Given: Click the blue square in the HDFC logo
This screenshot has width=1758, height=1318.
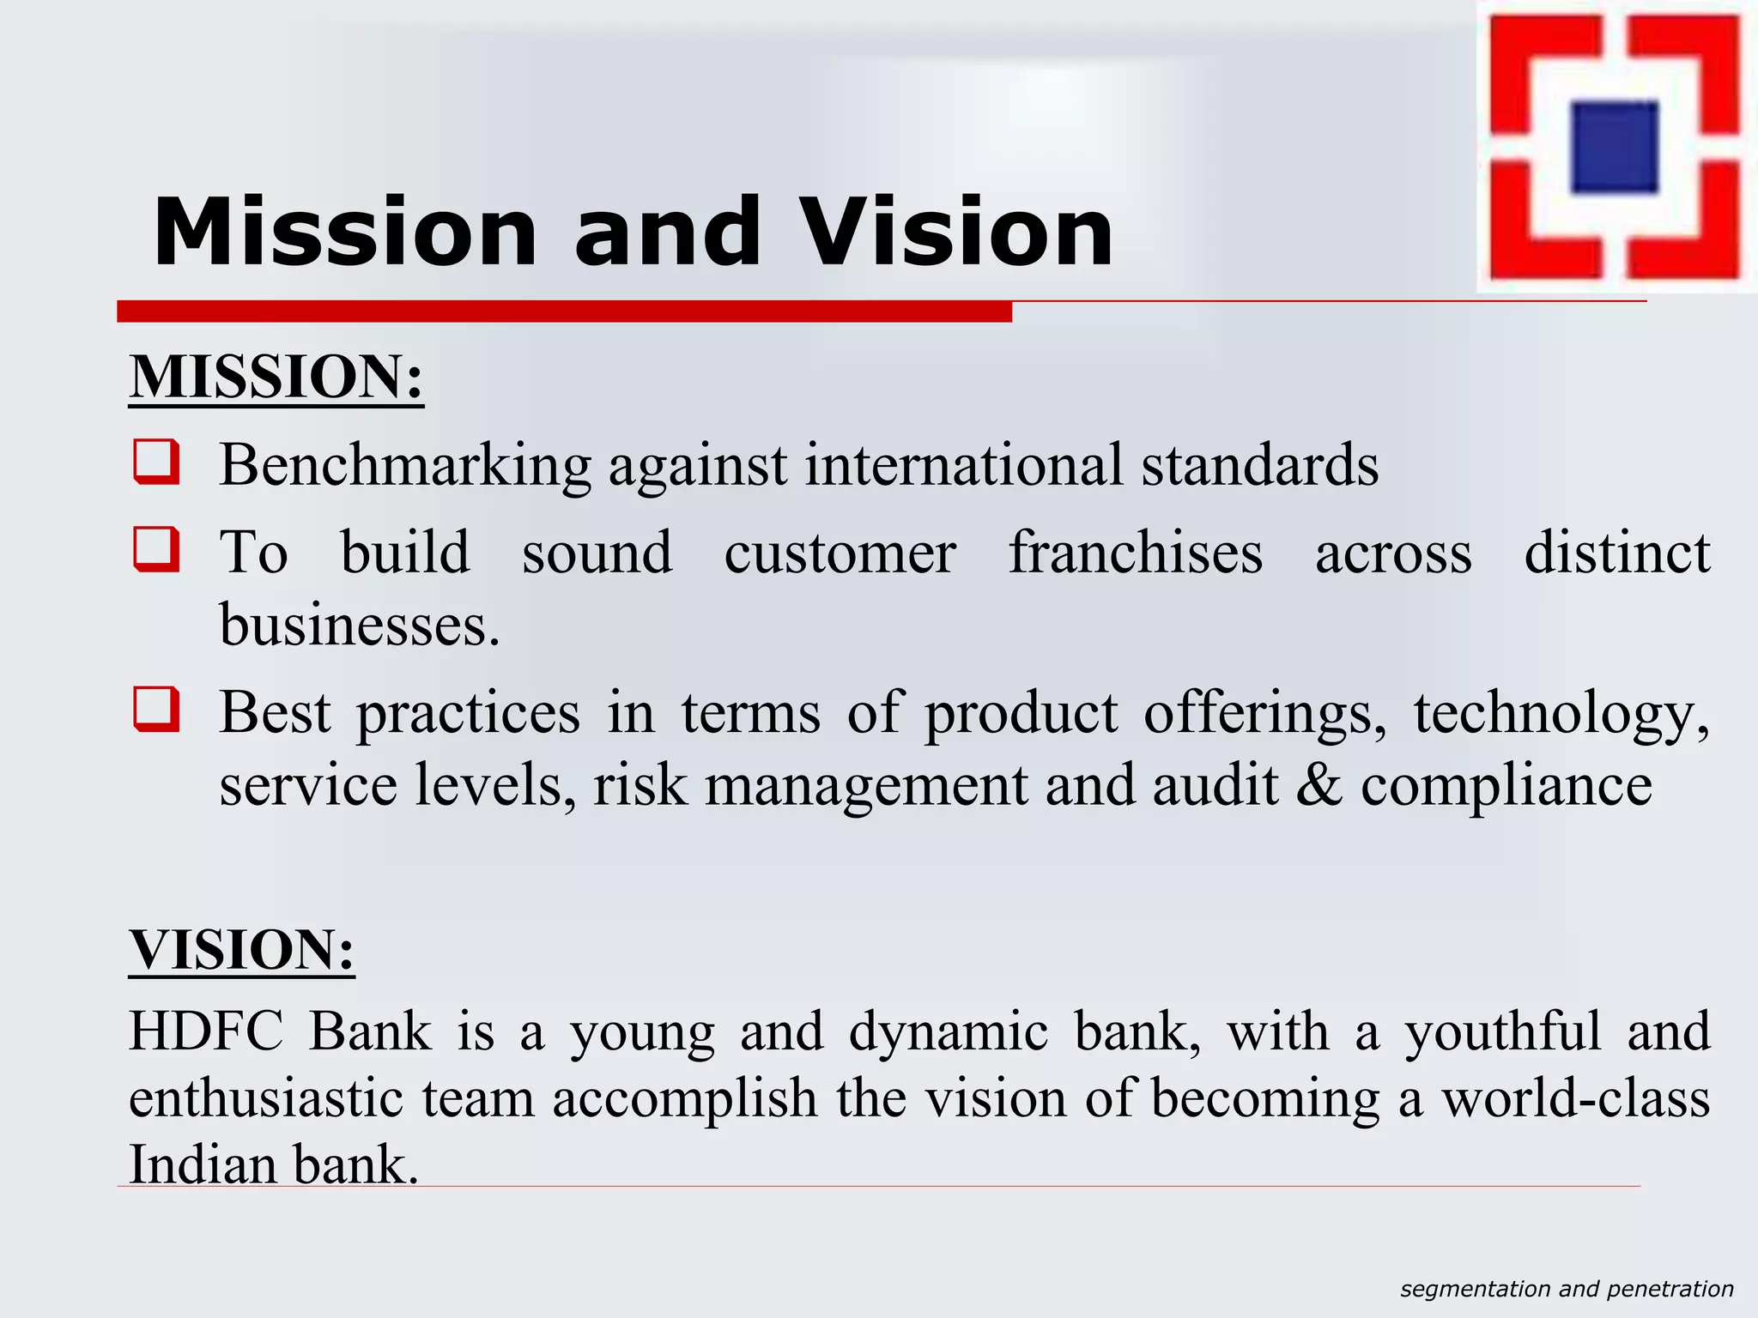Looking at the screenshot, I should point(1614,147).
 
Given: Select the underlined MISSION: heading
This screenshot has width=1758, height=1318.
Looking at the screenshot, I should point(276,377).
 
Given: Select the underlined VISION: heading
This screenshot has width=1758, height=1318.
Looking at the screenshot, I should point(241,950).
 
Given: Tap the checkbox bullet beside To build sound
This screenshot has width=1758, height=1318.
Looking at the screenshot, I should point(156,549).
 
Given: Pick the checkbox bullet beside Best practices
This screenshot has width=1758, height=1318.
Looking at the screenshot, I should point(156,709).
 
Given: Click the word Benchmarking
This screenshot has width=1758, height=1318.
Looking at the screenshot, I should point(404,466).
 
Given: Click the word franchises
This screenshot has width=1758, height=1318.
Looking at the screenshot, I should point(1135,553).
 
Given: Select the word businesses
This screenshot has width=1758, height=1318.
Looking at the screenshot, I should point(359,625).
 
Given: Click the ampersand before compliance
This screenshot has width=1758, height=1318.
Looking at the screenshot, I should point(1318,785).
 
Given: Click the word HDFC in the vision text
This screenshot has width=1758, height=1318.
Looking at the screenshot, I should point(206,1031).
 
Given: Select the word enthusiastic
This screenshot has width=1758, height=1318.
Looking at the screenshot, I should point(265,1098).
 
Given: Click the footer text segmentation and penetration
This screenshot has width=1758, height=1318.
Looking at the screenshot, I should point(1567,1289).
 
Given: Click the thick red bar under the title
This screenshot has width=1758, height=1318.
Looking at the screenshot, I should point(564,311).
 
